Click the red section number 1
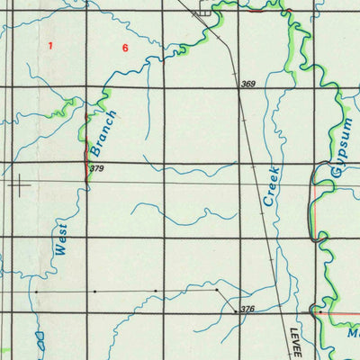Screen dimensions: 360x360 (51, 44)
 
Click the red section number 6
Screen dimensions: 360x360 (125, 47)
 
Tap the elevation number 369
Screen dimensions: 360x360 (248, 85)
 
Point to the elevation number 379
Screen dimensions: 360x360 (97, 168)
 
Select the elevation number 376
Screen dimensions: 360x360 (247, 309)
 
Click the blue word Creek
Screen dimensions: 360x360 (273, 186)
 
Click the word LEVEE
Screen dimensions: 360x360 (294, 343)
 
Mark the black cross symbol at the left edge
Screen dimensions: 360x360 (19, 185)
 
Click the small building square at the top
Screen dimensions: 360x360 (205, 13)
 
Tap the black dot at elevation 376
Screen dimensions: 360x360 (236, 310)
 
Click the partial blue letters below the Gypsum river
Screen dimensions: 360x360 (352, 331)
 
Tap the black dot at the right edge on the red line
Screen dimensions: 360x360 (317, 311)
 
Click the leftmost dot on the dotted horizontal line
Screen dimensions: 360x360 (35, 292)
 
